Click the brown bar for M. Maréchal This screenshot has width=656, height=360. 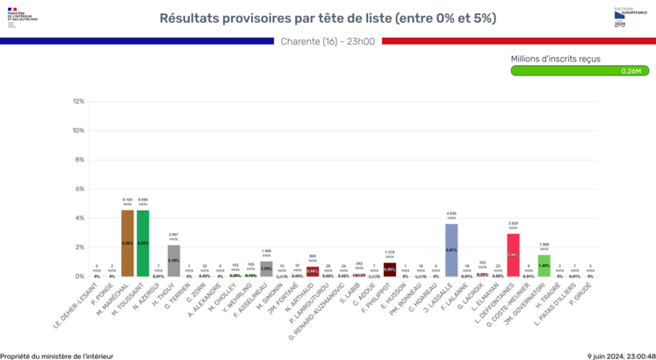point(127,243)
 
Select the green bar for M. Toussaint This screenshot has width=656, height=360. point(143,243)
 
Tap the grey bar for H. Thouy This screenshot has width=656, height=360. point(174,261)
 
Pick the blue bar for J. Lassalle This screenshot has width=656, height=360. point(451,250)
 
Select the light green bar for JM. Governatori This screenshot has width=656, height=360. point(544,266)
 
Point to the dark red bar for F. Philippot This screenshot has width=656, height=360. point(390,270)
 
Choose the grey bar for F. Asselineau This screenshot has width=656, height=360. point(266,269)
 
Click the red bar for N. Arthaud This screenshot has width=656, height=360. point(313,272)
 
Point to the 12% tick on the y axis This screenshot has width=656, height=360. point(79,102)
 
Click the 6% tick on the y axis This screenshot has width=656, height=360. point(80,189)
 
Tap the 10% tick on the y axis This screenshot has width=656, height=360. point(79,131)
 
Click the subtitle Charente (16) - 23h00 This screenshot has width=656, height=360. point(328,40)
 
